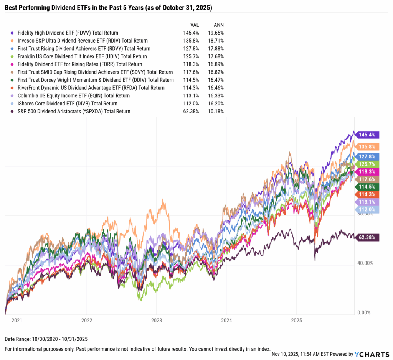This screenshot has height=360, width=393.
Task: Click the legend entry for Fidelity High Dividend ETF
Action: [x=68, y=33]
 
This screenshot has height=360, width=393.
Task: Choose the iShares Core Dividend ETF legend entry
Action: [x=68, y=104]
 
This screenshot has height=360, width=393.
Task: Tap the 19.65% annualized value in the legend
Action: [x=216, y=33]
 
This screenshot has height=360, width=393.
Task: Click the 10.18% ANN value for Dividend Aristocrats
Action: [x=216, y=112]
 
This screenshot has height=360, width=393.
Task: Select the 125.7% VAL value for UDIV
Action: [x=191, y=56]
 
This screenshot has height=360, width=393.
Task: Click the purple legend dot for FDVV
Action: [x=13, y=33]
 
